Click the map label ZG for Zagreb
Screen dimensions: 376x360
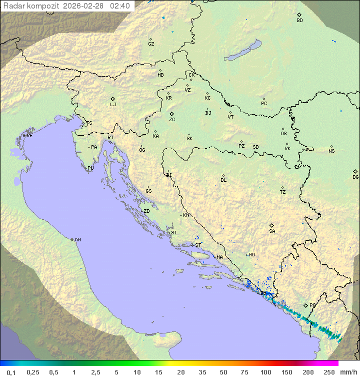172,120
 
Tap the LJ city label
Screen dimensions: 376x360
113,105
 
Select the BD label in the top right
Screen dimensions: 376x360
299,21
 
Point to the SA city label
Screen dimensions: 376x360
272,231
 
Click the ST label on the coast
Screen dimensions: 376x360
198,245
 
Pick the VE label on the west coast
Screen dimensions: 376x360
29,136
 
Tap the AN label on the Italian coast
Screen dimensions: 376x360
77,240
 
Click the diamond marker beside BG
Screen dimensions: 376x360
355,171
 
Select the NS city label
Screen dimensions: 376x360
331,151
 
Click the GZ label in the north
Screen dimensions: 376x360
151,44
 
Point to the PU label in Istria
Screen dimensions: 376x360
90,168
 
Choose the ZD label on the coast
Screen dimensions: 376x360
146,211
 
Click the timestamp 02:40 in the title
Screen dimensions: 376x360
120,6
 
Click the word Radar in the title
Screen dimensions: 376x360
13,6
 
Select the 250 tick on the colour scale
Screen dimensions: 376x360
329,372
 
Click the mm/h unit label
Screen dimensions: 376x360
348,372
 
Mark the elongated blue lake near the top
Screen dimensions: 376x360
242,51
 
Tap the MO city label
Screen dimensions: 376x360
251,255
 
